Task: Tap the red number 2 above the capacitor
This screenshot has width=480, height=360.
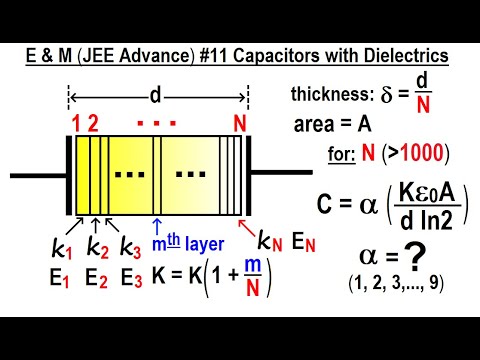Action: tap(93, 124)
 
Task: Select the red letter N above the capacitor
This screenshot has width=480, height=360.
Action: tap(238, 124)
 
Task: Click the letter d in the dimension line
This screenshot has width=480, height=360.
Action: tap(157, 96)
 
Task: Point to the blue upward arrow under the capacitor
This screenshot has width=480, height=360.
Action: tap(157, 225)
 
